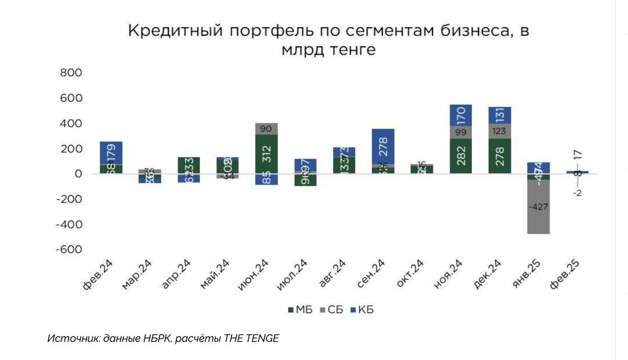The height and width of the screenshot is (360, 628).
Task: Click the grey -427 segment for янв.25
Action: (x=538, y=206)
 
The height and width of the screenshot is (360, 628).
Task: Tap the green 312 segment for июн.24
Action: (x=266, y=154)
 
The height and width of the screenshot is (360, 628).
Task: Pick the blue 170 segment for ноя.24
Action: (x=460, y=115)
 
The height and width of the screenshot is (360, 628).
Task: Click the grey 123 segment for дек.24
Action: (x=499, y=131)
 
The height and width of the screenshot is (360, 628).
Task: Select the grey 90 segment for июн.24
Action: (x=266, y=129)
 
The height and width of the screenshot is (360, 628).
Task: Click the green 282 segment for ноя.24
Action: (x=460, y=156)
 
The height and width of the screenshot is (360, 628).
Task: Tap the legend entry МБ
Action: (x=300, y=310)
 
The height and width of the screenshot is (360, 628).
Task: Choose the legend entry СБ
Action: (x=331, y=310)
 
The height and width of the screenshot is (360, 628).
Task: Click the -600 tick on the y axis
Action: (x=68, y=250)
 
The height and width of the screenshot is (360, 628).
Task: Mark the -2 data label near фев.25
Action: (x=577, y=193)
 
